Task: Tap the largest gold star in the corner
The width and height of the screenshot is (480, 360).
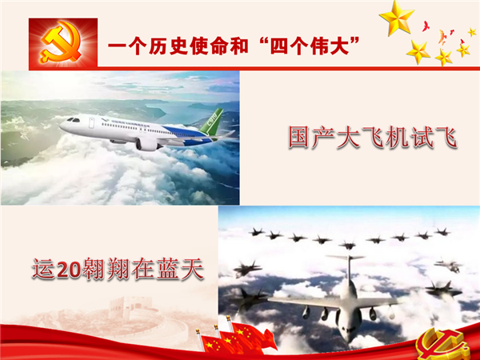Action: (x=396, y=18)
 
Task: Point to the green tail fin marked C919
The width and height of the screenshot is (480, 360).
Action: (x=212, y=122)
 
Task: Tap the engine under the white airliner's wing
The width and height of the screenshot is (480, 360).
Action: (x=147, y=144)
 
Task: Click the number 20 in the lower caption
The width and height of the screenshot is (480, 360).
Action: (x=69, y=270)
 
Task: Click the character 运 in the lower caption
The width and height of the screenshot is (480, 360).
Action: (x=44, y=269)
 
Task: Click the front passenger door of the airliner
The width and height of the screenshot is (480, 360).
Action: (x=91, y=122)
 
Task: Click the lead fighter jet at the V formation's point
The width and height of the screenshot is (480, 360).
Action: (x=347, y=245)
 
